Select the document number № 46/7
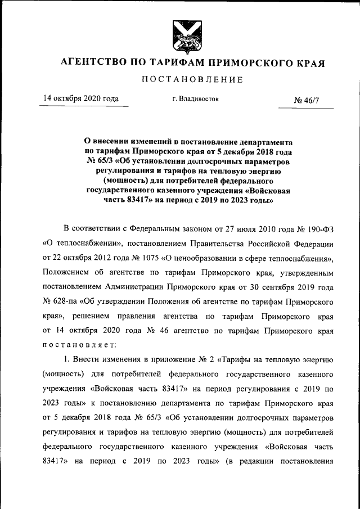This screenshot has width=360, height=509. coord(306,101)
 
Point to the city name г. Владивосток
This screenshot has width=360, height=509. coord(196,99)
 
